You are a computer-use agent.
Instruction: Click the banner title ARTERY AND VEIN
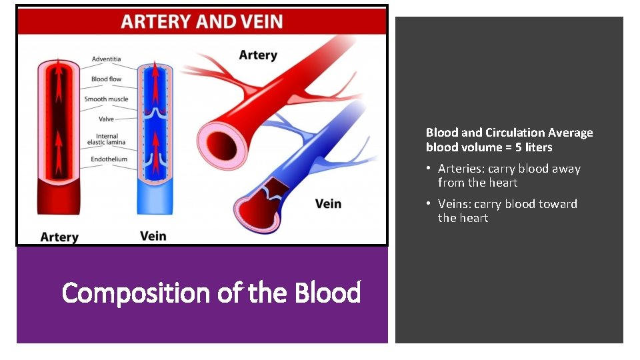[201, 21]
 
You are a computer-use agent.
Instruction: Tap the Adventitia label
[106, 59]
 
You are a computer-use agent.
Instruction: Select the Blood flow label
[106, 79]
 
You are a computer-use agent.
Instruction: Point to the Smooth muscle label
[106, 99]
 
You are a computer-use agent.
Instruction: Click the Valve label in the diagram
[106, 119]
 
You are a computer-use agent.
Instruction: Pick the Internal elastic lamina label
[107, 139]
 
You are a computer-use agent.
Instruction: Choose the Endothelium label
[109, 159]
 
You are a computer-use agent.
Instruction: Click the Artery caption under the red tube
[59, 237]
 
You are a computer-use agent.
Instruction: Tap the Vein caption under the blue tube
[153, 236]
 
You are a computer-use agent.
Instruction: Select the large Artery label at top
[257, 55]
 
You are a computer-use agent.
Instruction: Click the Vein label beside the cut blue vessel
[328, 203]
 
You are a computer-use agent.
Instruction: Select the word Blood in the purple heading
[327, 293]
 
